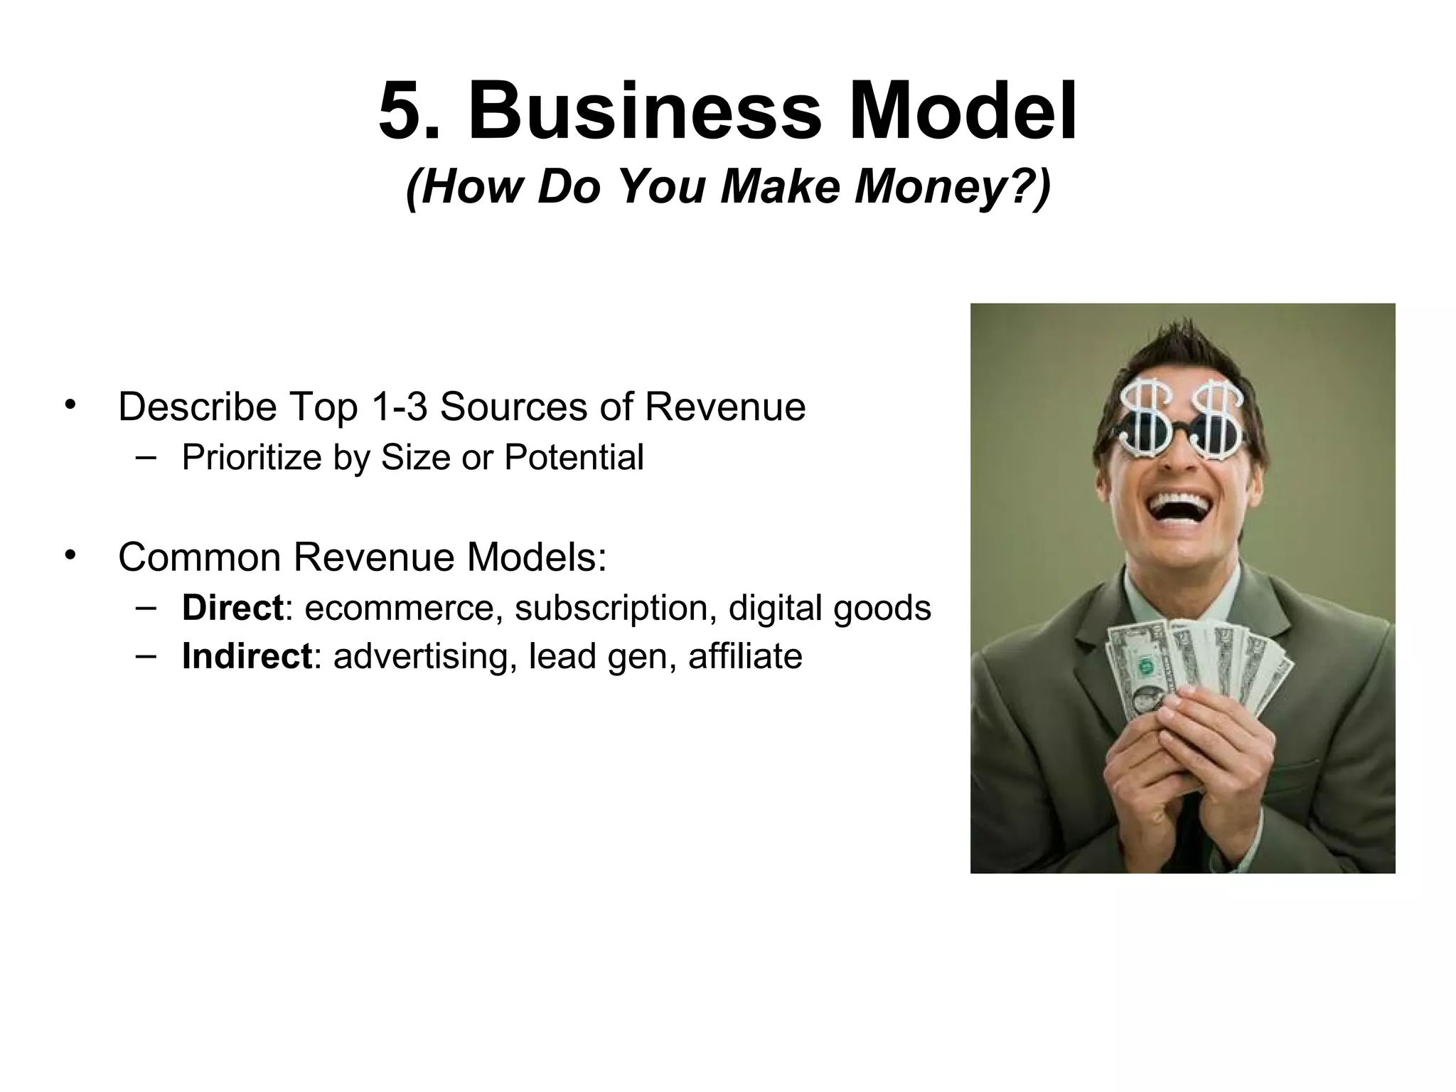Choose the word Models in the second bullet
pos(536,557)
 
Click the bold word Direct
pos(232,609)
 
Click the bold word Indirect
pos(246,656)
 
